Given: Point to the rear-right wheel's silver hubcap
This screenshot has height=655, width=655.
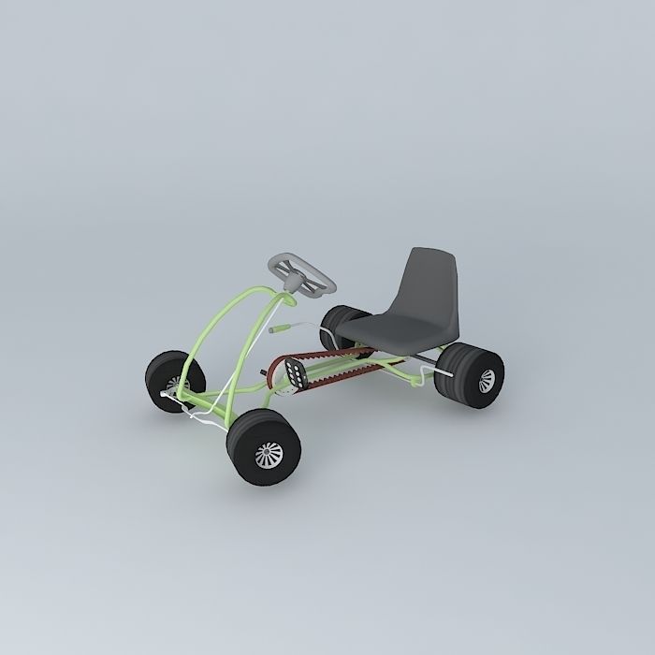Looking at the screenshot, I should click(x=486, y=379).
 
